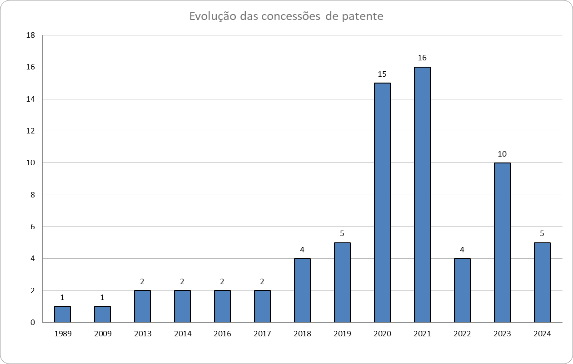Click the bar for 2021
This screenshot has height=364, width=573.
click(x=422, y=195)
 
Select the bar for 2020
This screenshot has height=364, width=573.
click(x=382, y=203)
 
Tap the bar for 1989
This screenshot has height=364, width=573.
click(x=62, y=314)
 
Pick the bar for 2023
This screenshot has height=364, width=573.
click(x=502, y=242)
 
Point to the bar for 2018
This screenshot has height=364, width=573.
click(x=302, y=290)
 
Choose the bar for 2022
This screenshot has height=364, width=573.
click(x=462, y=290)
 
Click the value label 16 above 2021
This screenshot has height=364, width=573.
click(x=422, y=58)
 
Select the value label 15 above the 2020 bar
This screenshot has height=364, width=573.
click(x=382, y=74)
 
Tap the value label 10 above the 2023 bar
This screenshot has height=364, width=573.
click(x=502, y=154)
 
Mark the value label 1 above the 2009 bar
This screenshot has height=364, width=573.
click(x=102, y=297)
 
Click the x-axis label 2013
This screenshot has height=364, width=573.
click(x=142, y=334)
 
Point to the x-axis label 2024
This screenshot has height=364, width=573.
click(x=542, y=334)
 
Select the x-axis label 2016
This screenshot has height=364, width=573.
click(x=222, y=334)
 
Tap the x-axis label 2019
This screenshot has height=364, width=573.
click(x=342, y=334)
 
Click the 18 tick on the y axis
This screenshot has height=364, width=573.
click(x=31, y=35)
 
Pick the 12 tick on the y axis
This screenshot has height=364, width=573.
click(x=31, y=131)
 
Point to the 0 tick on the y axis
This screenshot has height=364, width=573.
click(x=33, y=323)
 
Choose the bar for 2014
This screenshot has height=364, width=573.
click(x=182, y=306)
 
